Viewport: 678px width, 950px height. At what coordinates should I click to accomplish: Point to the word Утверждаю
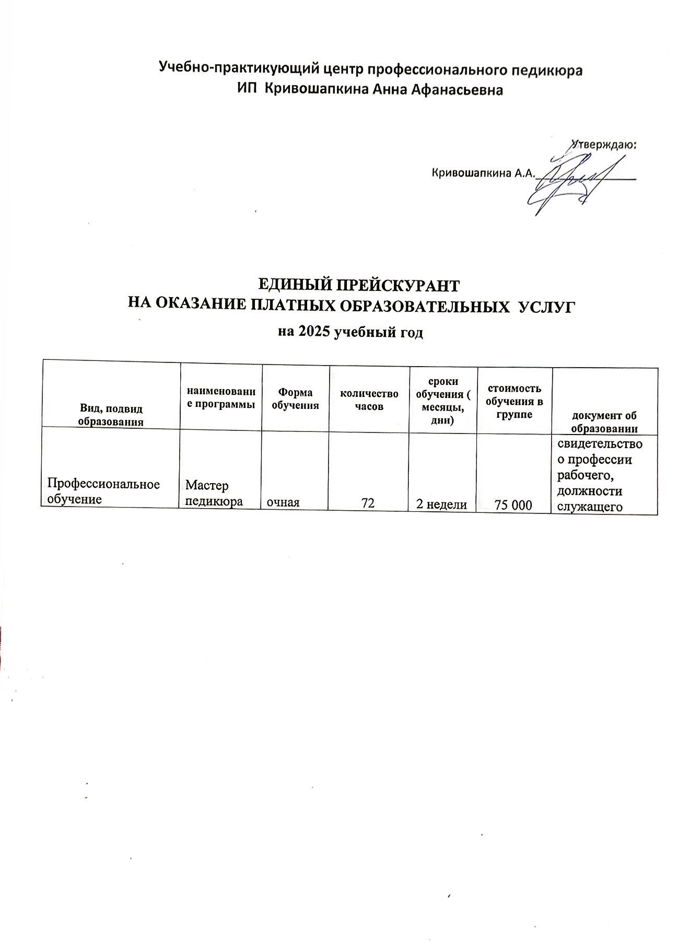point(605,144)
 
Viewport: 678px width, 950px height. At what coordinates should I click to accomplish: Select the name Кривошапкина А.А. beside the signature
point(484,173)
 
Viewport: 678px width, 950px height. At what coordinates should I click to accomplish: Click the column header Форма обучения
point(295,399)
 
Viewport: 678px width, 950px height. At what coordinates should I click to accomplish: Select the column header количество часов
point(369,400)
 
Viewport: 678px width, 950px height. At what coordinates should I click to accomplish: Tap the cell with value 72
point(368,503)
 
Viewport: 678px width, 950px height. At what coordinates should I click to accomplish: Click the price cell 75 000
point(514,505)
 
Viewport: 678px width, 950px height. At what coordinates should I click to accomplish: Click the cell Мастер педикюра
point(215,494)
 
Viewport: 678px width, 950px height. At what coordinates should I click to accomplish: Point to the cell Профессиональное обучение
point(103,491)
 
